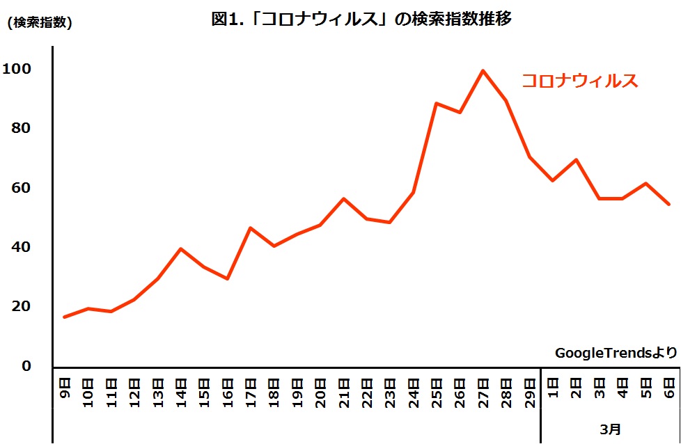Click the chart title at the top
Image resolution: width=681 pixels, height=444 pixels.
pyautogui.click(x=361, y=19)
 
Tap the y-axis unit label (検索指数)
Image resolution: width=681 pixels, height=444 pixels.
pyautogui.click(x=39, y=22)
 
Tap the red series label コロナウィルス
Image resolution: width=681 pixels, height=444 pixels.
pyautogui.click(x=580, y=81)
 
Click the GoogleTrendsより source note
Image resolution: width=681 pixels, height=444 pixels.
pyautogui.click(x=616, y=353)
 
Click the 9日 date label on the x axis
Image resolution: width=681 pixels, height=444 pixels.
pyautogui.click(x=65, y=388)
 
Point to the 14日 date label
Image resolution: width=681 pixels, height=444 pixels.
pyautogui.click(x=181, y=391)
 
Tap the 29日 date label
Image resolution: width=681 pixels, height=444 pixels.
pyautogui.click(x=530, y=391)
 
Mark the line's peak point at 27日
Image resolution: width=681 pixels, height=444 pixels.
pyautogui.click(x=483, y=70)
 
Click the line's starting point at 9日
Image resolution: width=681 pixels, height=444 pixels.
pyautogui.click(x=65, y=317)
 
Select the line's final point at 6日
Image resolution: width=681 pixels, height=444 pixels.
pyautogui.click(x=669, y=204)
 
